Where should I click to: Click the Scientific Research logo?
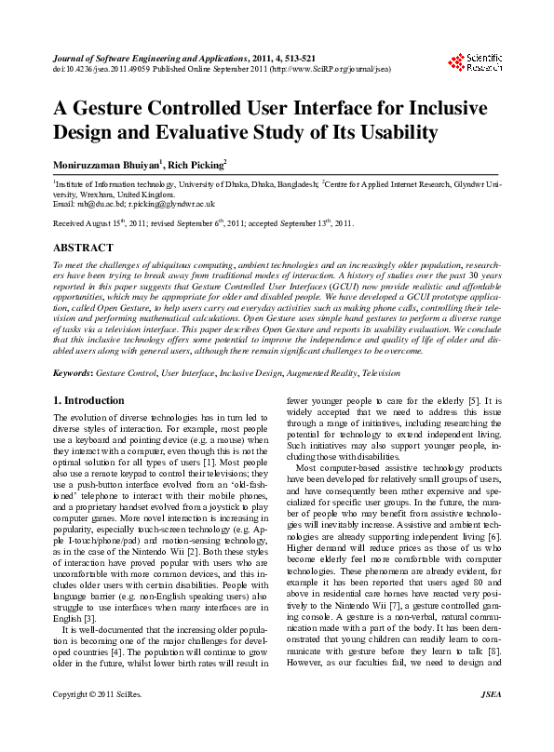[x=476, y=62]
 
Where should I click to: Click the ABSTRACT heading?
[x=84, y=248]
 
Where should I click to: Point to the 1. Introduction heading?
[x=88, y=399]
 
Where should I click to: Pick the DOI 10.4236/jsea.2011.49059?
[x=101, y=67]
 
